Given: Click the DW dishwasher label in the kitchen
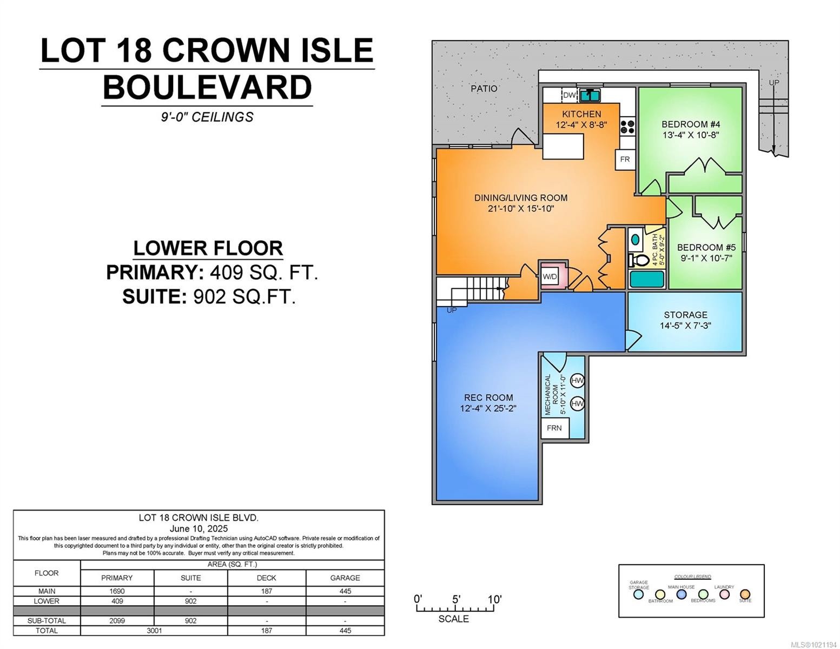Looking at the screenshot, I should pyautogui.click(x=569, y=95).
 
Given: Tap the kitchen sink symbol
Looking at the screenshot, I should pyautogui.click(x=590, y=95).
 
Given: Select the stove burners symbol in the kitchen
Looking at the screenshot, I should pyautogui.click(x=627, y=127).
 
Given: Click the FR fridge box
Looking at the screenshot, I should pyautogui.click(x=625, y=160).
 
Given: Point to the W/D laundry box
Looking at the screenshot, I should pyautogui.click(x=550, y=276).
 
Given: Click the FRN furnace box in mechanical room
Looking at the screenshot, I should pyautogui.click(x=554, y=428).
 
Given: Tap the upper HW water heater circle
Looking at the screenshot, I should pyautogui.click(x=577, y=381).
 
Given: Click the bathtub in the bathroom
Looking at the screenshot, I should pyautogui.click(x=646, y=280).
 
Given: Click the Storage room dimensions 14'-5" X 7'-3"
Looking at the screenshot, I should pyautogui.click(x=685, y=326).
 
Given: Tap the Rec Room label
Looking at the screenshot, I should pyautogui.click(x=488, y=398).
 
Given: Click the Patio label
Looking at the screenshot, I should pyautogui.click(x=484, y=89).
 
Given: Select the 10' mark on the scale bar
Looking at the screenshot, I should pyautogui.click(x=494, y=599).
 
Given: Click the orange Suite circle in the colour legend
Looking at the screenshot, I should pyautogui.click(x=745, y=594).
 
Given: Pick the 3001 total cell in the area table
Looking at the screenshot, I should pyautogui.click(x=154, y=630).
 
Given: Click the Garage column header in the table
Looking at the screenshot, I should pyautogui.click(x=345, y=578).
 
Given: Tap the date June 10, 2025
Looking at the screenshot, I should pyautogui.click(x=199, y=528).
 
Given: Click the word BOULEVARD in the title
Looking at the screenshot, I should pyautogui.click(x=207, y=88).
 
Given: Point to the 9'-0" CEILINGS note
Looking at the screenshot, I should pyautogui.click(x=207, y=117).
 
